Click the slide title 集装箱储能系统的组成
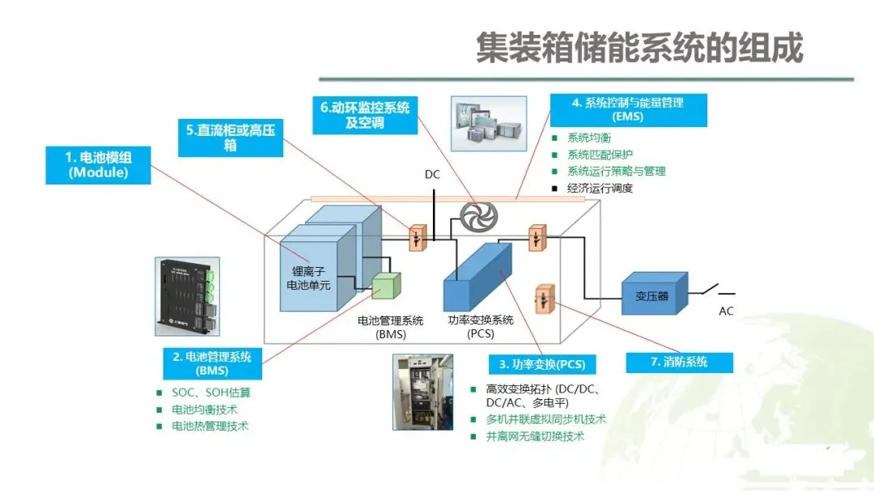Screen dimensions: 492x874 point(639,48)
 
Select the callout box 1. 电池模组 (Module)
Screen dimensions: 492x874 point(98,164)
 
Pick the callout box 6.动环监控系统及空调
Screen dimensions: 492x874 point(365,115)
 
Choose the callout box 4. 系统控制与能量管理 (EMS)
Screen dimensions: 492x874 point(628,110)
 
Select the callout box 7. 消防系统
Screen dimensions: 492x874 point(679,362)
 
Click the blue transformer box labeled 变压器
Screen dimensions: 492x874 point(652,295)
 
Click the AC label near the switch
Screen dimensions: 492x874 point(726,311)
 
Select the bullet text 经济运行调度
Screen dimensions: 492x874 point(600,189)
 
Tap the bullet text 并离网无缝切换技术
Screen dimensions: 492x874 point(535,436)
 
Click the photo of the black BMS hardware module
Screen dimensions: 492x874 point(187,297)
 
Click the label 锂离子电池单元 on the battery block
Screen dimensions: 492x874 point(311,278)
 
